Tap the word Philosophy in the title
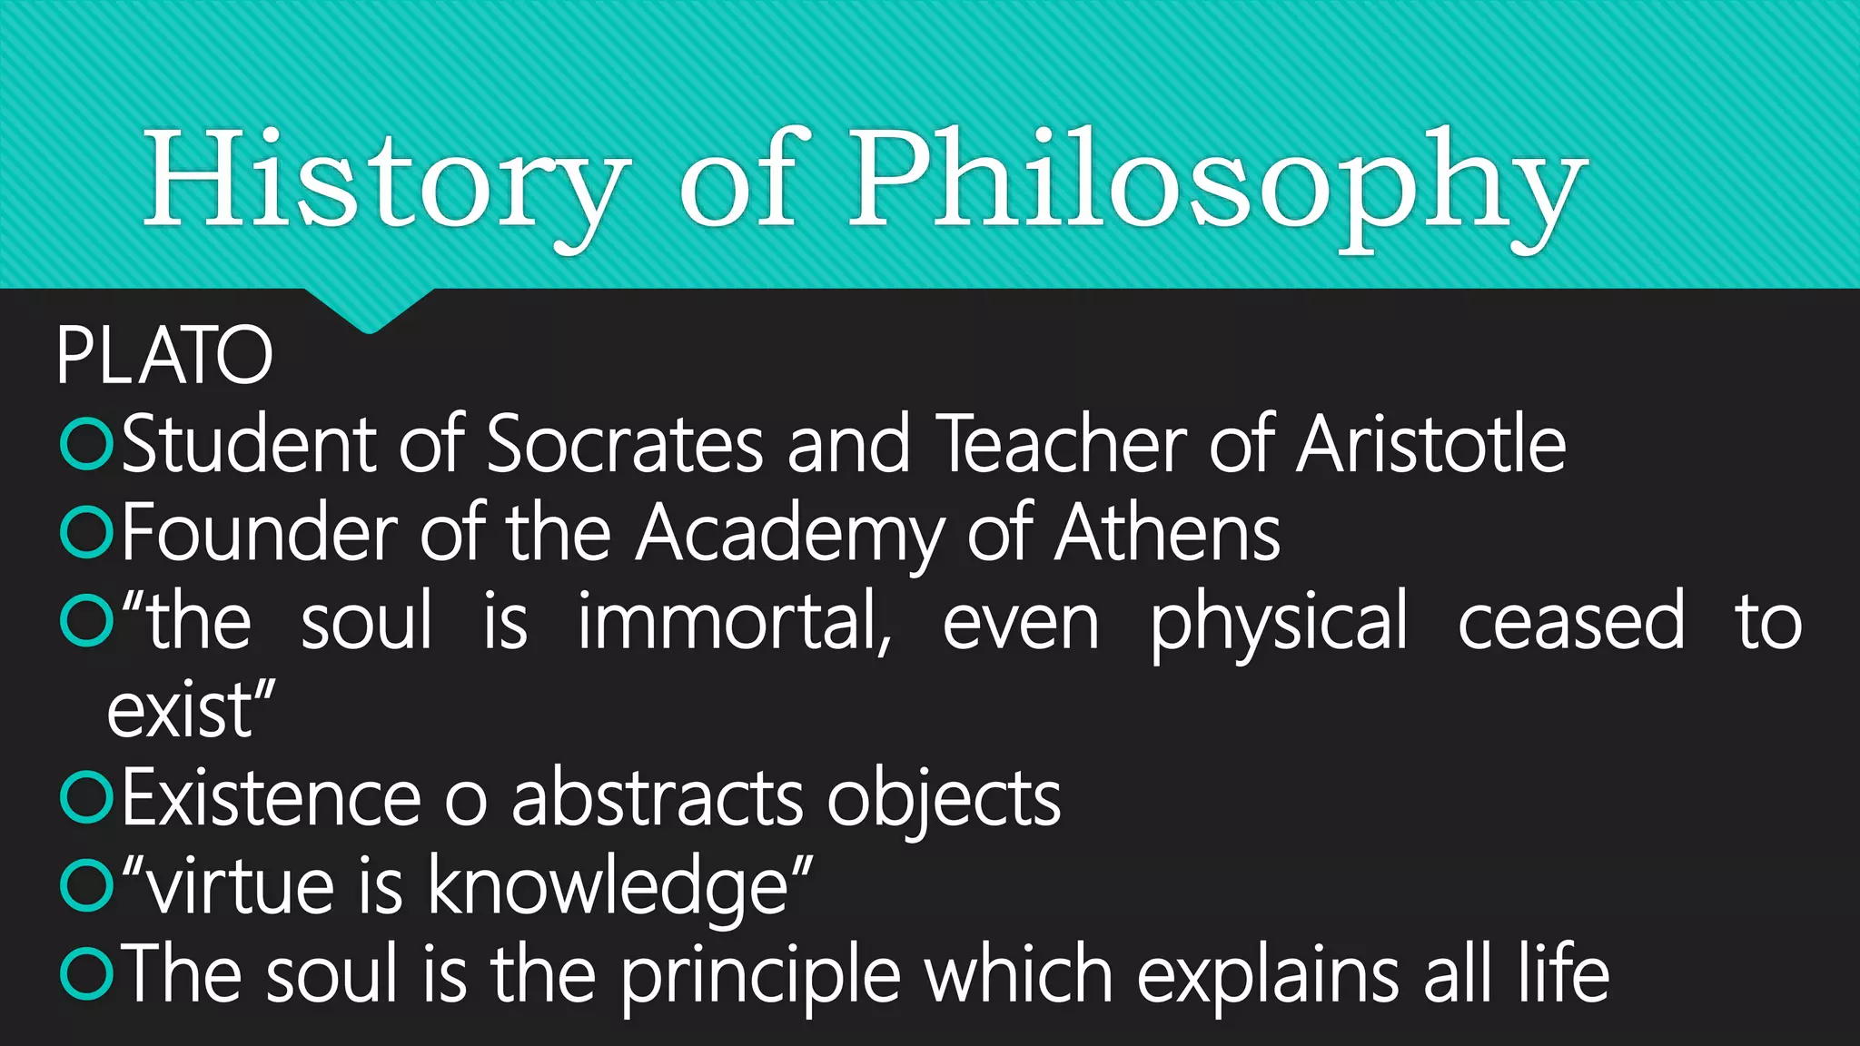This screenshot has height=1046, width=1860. pos(1217,182)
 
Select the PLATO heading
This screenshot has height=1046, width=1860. pos(164,355)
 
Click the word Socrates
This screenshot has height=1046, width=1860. pos(625,444)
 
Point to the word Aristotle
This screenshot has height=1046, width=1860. pos(1431,444)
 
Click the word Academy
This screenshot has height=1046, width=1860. pos(789,533)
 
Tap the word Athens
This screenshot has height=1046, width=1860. pos(1168,533)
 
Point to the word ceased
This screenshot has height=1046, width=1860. pos(1571,622)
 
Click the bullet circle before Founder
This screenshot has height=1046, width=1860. pos(86,533)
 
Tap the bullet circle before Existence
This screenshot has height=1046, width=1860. pos(86,798)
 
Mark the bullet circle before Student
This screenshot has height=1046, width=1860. pos(86,444)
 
